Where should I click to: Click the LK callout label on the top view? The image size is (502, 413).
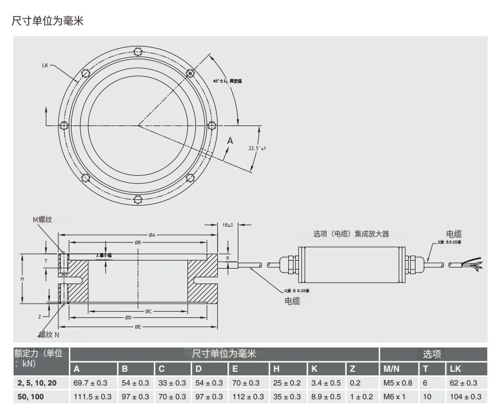tap(45, 65)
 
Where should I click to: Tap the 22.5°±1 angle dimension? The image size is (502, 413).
tap(258, 148)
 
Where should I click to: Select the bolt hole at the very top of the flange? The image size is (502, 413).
tap(138, 50)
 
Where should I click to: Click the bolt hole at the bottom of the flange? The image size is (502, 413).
tap(138, 200)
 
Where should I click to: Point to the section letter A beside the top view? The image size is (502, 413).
tap(230, 140)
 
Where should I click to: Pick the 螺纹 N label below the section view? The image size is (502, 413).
tap(49, 334)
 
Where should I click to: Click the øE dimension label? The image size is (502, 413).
tap(138, 327)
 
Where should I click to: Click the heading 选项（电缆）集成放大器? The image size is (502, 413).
tap(351, 234)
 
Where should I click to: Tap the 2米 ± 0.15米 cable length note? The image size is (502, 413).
tap(449, 242)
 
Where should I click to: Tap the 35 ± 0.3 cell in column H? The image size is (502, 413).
tap(288, 396)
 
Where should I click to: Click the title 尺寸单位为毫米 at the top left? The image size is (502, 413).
tap(48, 21)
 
